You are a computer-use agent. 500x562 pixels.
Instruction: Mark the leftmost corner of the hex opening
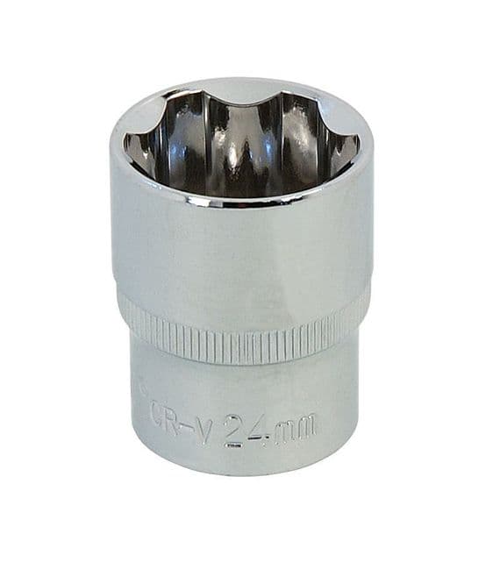[125, 145]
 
